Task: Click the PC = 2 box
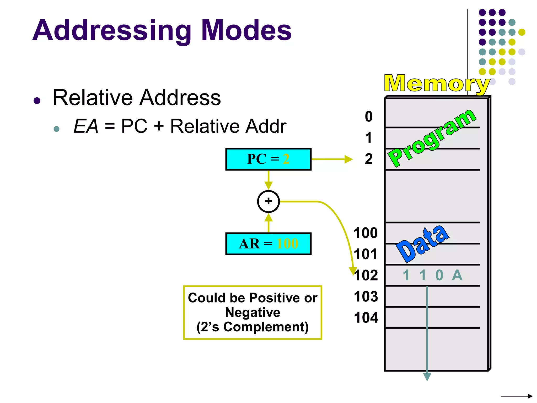click(x=268, y=159)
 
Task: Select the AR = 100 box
click(x=268, y=244)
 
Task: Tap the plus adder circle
click(x=268, y=201)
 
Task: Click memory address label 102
click(x=366, y=275)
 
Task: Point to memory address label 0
click(x=369, y=116)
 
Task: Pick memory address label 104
click(x=366, y=318)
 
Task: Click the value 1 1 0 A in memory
click(x=432, y=275)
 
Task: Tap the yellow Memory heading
click(x=437, y=83)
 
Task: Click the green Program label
click(x=432, y=138)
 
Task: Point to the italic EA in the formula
click(x=86, y=126)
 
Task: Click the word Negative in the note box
click(x=253, y=312)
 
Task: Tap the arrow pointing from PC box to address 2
click(x=332, y=159)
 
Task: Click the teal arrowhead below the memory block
click(x=427, y=377)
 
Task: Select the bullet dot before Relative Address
click(x=37, y=100)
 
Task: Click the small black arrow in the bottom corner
click(x=517, y=396)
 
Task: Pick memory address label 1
click(x=369, y=138)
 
